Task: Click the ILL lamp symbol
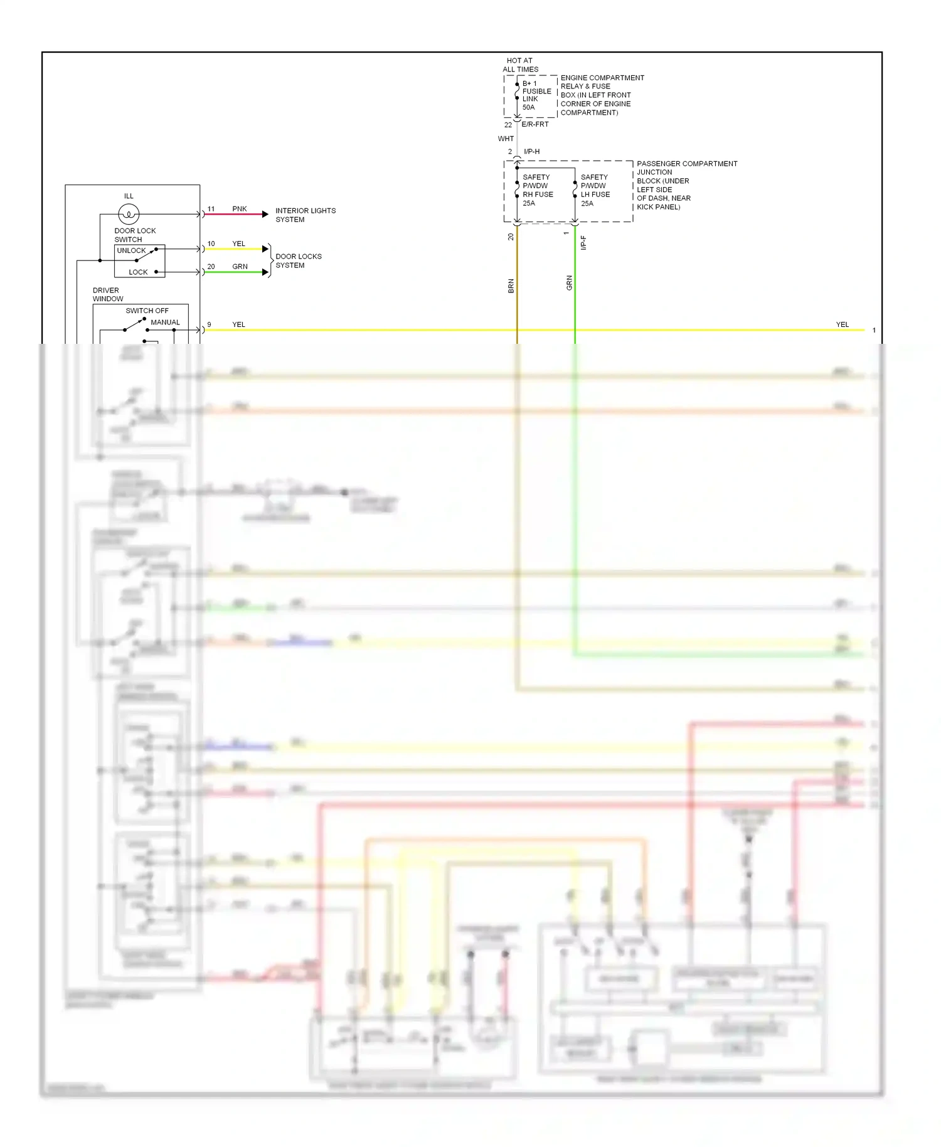[129, 215]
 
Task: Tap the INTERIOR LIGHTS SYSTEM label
[306, 215]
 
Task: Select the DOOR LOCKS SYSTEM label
[299, 261]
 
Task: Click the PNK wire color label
[240, 209]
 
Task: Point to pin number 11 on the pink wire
[211, 209]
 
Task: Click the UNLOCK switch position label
[131, 250]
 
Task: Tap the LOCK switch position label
[138, 272]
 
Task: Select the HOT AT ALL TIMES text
[520, 65]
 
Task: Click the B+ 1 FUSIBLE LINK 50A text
[536, 95]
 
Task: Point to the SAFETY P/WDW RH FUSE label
[538, 190]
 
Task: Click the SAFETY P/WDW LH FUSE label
[595, 190]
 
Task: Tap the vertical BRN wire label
[511, 286]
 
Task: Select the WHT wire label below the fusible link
[506, 139]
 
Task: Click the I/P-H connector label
[531, 152]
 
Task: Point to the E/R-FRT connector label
[535, 124]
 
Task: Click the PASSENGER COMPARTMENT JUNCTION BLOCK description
[686, 185]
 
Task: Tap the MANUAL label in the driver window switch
[165, 323]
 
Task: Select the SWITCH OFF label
[147, 311]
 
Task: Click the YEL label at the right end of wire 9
[842, 324]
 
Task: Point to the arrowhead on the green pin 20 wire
[265, 272]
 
